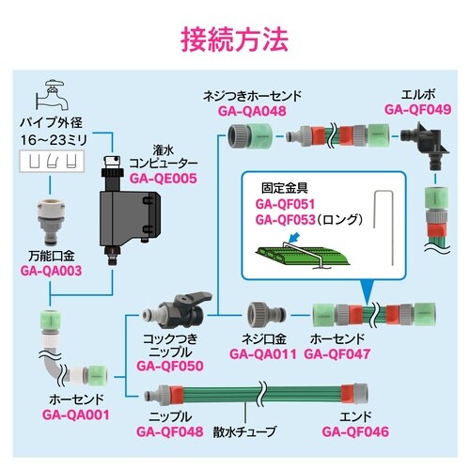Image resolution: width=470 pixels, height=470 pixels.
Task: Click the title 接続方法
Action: pos(235,39)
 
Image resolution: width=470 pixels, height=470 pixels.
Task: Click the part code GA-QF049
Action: pos(415,109)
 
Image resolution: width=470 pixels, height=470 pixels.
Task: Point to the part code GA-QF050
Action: pos(173,366)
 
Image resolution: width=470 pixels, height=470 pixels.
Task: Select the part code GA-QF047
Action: pos(339,355)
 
